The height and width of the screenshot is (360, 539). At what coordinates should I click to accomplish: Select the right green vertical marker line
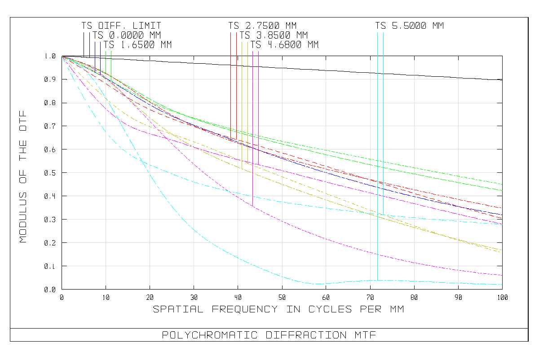click(x=111, y=58)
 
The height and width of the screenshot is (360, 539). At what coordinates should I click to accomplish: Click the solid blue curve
click(x=314, y=168)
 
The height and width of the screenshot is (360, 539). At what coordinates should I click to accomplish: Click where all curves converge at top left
click(x=62, y=56)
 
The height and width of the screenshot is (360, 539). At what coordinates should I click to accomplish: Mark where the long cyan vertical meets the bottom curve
click(x=377, y=280)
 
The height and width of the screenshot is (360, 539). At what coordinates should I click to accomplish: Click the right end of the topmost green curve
click(x=502, y=184)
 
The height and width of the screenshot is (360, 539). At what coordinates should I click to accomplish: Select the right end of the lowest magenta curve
click(x=502, y=275)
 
